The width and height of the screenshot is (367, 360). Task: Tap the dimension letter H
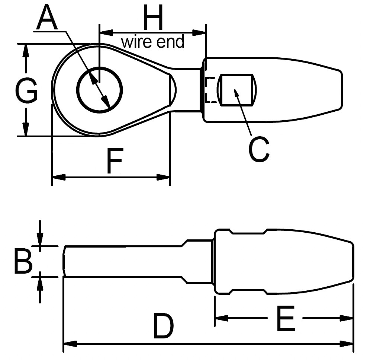[x=153, y=18]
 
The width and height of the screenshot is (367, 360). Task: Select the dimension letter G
[x=26, y=91]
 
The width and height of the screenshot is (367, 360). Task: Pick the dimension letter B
[x=23, y=262]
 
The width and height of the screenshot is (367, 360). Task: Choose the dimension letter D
[x=164, y=326]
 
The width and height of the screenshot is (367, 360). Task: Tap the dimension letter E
[x=286, y=318]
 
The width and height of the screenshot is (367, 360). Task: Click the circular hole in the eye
[x=99, y=89]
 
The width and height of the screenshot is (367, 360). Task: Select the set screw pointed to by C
[x=237, y=90]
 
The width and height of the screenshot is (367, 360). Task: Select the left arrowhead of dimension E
[x=222, y=318]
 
